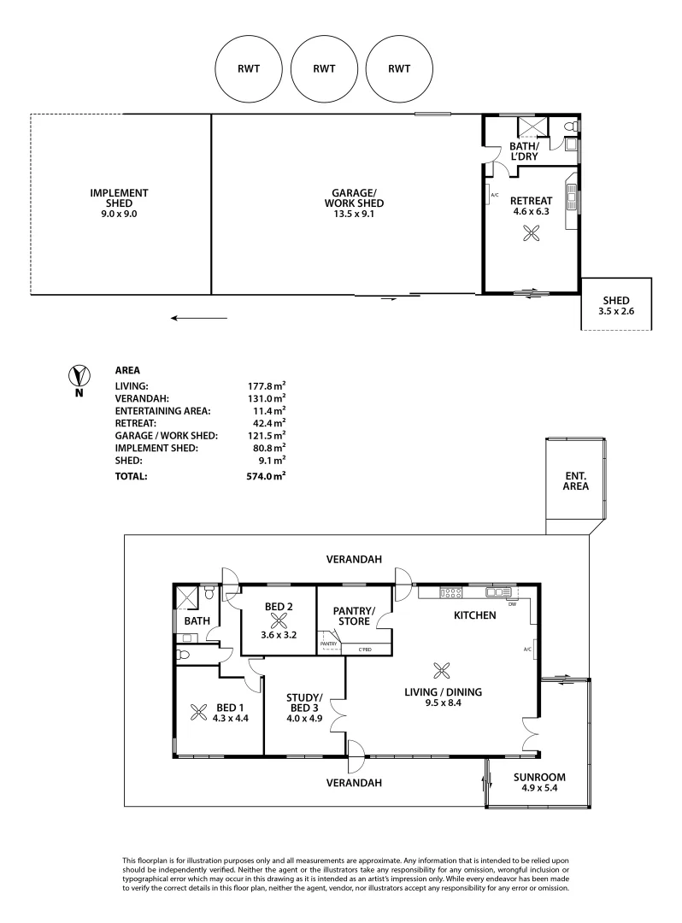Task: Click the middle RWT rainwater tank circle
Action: point(323,70)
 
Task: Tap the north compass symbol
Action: point(79,376)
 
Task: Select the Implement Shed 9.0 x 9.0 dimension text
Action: point(119,215)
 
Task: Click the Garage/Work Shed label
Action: point(354,197)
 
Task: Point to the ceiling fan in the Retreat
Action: point(532,232)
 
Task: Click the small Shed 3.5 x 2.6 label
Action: point(615,306)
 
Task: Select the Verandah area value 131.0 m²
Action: point(266,397)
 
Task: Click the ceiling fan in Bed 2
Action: point(279,621)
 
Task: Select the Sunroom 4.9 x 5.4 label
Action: point(538,783)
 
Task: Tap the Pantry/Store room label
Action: point(354,615)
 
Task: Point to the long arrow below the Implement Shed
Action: point(198,318)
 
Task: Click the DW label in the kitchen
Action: point(512,604)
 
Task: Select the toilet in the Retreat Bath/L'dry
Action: point(573,126)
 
